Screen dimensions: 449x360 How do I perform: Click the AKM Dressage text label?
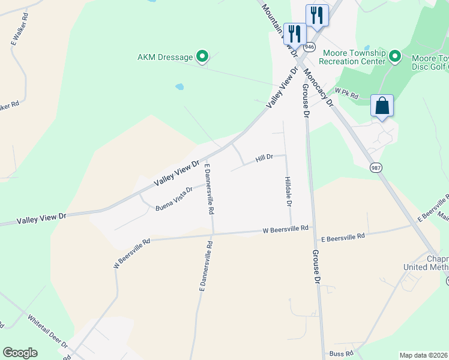165,58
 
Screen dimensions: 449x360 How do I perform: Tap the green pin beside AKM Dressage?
202,58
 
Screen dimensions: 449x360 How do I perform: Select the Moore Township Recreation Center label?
352,57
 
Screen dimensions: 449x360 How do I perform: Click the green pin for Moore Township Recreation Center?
394,57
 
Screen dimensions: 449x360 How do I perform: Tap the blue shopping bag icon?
382,106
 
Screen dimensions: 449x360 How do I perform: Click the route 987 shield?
375,167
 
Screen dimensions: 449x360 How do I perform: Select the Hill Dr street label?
264,158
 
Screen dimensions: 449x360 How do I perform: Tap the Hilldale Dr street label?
288,192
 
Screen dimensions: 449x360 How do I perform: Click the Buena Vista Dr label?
174,199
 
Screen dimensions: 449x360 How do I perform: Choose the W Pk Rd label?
347,94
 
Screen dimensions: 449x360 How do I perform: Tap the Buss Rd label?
342,354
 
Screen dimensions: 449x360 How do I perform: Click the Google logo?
20,353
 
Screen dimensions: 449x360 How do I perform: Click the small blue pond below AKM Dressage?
179,86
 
